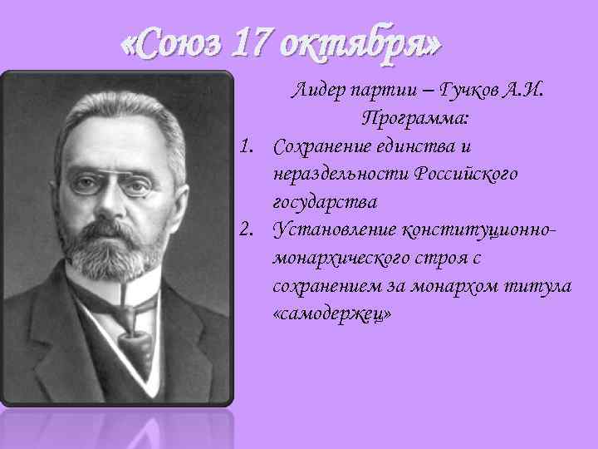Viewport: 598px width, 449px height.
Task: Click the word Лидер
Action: coord(316,91)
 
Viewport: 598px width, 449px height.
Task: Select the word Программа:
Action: coord(415,119)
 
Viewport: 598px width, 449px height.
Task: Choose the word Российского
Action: coord(468,175)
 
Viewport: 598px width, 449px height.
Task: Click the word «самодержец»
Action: coord(331,313)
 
